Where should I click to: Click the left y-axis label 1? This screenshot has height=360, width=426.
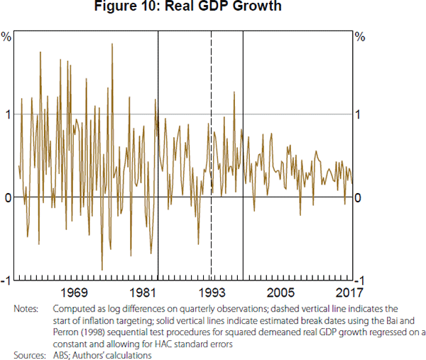(x=8, y=114)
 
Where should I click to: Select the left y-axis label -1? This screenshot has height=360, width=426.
(x=6, y=280)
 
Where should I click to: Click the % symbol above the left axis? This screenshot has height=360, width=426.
(x=6, y=37)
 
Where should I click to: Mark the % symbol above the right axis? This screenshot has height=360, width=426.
(x=359, y=37)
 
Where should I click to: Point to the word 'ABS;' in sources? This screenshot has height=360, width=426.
(x=62, y=355)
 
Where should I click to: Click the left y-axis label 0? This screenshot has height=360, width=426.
(x=8, y=197)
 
